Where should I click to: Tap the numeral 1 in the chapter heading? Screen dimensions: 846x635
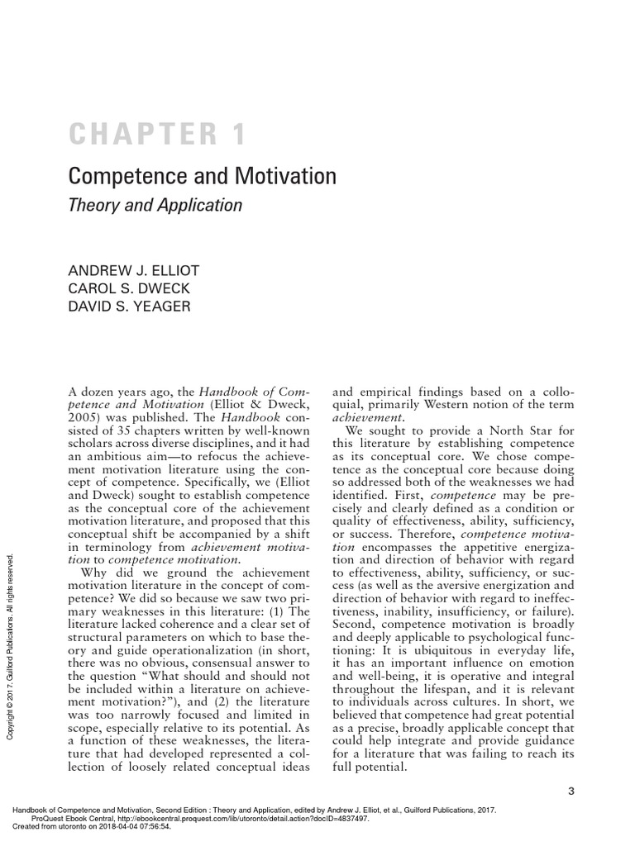(x=238, y=133)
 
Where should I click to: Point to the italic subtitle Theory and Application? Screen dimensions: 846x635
(x=155, y=205)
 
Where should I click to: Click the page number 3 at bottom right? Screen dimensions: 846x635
(x=571, y=791)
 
